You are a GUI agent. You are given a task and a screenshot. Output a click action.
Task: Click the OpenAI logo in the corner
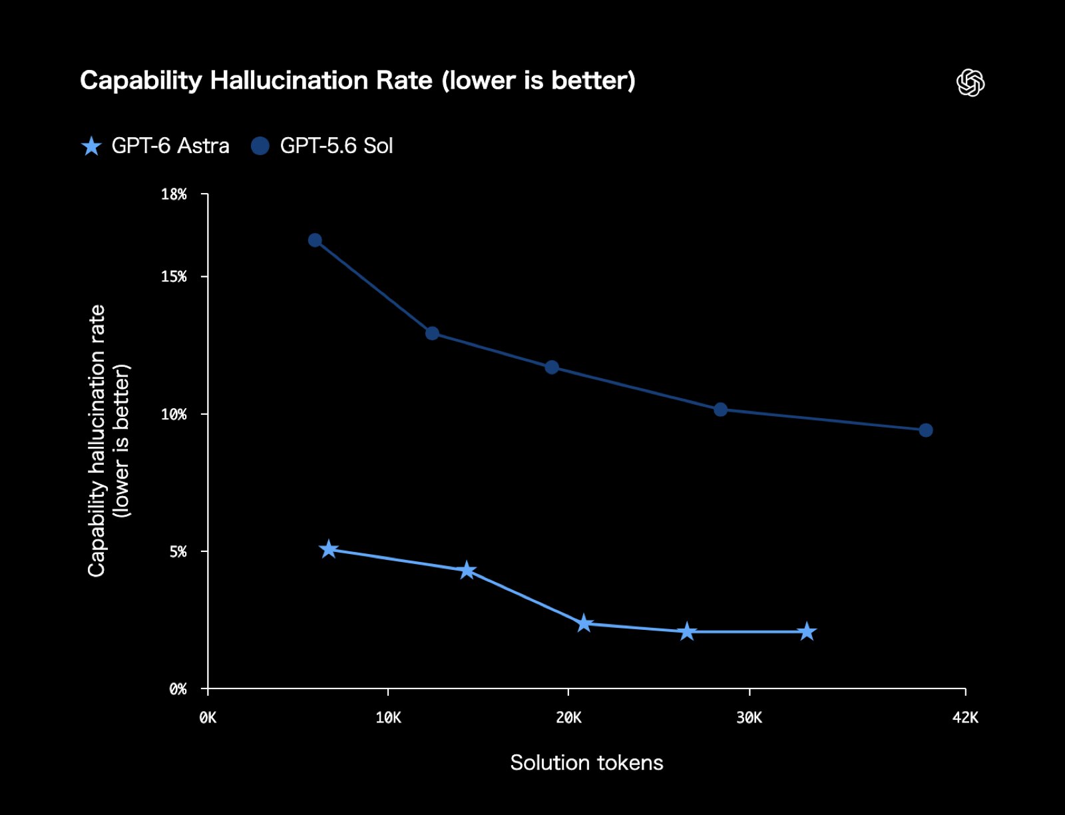coord(970,83)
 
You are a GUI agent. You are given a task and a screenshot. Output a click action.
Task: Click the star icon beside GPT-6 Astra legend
coord(91,146)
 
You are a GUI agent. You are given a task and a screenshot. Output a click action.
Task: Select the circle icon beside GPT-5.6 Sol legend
coord(260,146)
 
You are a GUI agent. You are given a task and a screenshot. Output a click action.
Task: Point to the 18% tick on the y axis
coord(174,194)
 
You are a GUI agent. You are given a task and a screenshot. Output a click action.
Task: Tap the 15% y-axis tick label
coord(174,277)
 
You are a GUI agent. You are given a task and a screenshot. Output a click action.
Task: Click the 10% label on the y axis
coord(174,414)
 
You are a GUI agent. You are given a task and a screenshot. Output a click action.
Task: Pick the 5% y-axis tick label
coord(178,551)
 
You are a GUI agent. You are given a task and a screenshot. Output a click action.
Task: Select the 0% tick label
coord(178,688)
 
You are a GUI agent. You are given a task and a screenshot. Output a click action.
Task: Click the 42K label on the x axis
coord(965,717)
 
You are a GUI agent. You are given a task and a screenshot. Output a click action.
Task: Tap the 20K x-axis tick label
coord(568,717)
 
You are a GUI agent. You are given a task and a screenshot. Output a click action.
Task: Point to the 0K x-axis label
coord(208,717)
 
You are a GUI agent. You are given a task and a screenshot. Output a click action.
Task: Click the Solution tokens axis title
coord(586,762)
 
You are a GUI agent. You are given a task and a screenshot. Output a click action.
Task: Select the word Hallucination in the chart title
coord(321,80)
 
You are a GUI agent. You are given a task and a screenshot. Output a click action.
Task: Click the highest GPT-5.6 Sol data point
coord(315,240)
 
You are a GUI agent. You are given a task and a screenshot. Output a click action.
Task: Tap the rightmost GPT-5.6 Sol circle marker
coord(926,430)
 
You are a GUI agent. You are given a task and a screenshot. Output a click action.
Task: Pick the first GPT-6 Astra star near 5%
coord(328,549)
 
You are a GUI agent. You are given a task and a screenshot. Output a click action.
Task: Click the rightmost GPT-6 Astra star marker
coord(807,631)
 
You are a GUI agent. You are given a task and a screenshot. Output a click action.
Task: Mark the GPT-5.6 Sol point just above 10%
coord(720,409)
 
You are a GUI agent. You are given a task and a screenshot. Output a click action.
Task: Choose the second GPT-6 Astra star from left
coord(467,570)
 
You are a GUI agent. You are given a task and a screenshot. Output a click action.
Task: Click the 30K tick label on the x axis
coord(749,717)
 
